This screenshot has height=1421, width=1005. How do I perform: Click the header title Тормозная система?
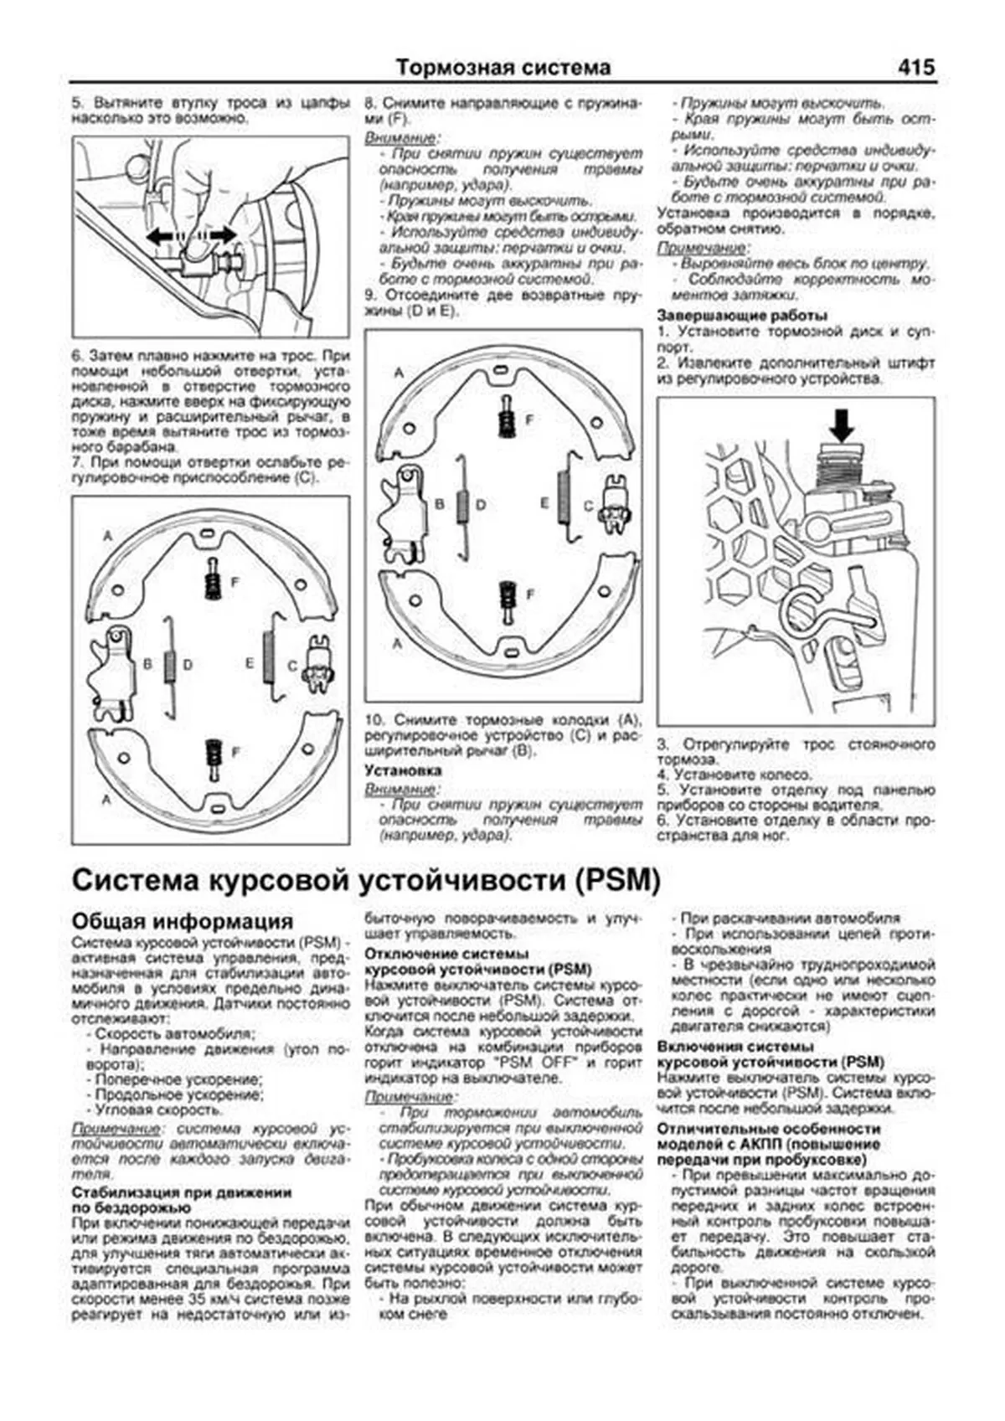point(502,67)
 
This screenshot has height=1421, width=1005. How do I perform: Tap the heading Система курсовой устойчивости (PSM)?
point(367,880)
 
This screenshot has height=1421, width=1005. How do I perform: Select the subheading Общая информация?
point(183,921)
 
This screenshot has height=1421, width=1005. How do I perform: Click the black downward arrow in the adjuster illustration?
point(842,425)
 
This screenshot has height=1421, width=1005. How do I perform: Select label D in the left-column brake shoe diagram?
point(188,664)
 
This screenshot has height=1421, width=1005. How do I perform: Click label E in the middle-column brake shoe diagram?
point(544,503)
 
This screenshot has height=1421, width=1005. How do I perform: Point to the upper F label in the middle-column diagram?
point(528,420)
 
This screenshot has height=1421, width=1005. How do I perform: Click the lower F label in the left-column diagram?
point(234,752)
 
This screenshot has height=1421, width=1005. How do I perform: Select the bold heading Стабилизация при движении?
point(182,1192)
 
